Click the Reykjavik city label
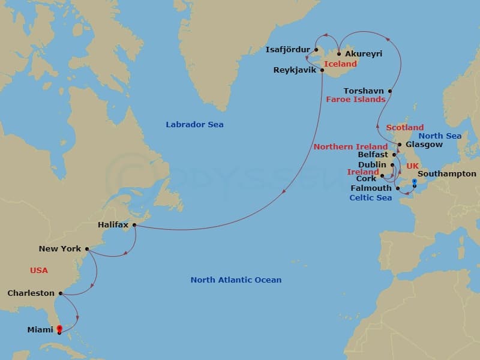(x=295, y=70)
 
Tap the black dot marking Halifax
(x=134, y=226)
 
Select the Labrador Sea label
(x=194, y=125)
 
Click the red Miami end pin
(x=59, y=329)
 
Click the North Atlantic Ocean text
(x=236, y=280)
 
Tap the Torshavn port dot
(x=391, y=91)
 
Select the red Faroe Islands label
(x=356, y=100)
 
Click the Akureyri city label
(x=364, y=54)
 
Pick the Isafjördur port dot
(x=316, y=50)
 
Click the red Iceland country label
(x=340, y=64)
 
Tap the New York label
(x=59, y=248)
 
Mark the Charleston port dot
(x=61, y=294)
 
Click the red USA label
(x=39, y=271)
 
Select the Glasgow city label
(x=424, y=145)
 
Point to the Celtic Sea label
(x=371, y=198)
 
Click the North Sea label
(x=441, y=136)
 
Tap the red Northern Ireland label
(x=350, y=147)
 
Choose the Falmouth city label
(x=371, y=188)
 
